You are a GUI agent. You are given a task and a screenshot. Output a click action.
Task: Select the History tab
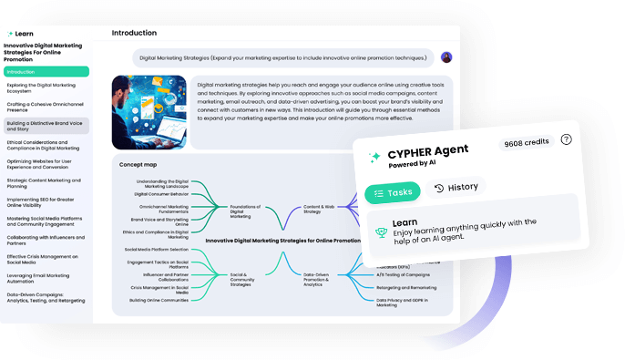[455, 188]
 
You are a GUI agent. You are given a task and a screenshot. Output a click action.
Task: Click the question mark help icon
[566, 139]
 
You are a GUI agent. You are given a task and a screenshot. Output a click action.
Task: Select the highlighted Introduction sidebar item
[46, 71]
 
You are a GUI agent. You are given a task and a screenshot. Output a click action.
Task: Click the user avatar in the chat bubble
[446, 57]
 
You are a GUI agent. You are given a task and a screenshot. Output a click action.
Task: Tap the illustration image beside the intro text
[149, 110]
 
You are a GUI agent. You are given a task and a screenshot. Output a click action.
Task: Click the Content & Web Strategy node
[318, 210]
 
